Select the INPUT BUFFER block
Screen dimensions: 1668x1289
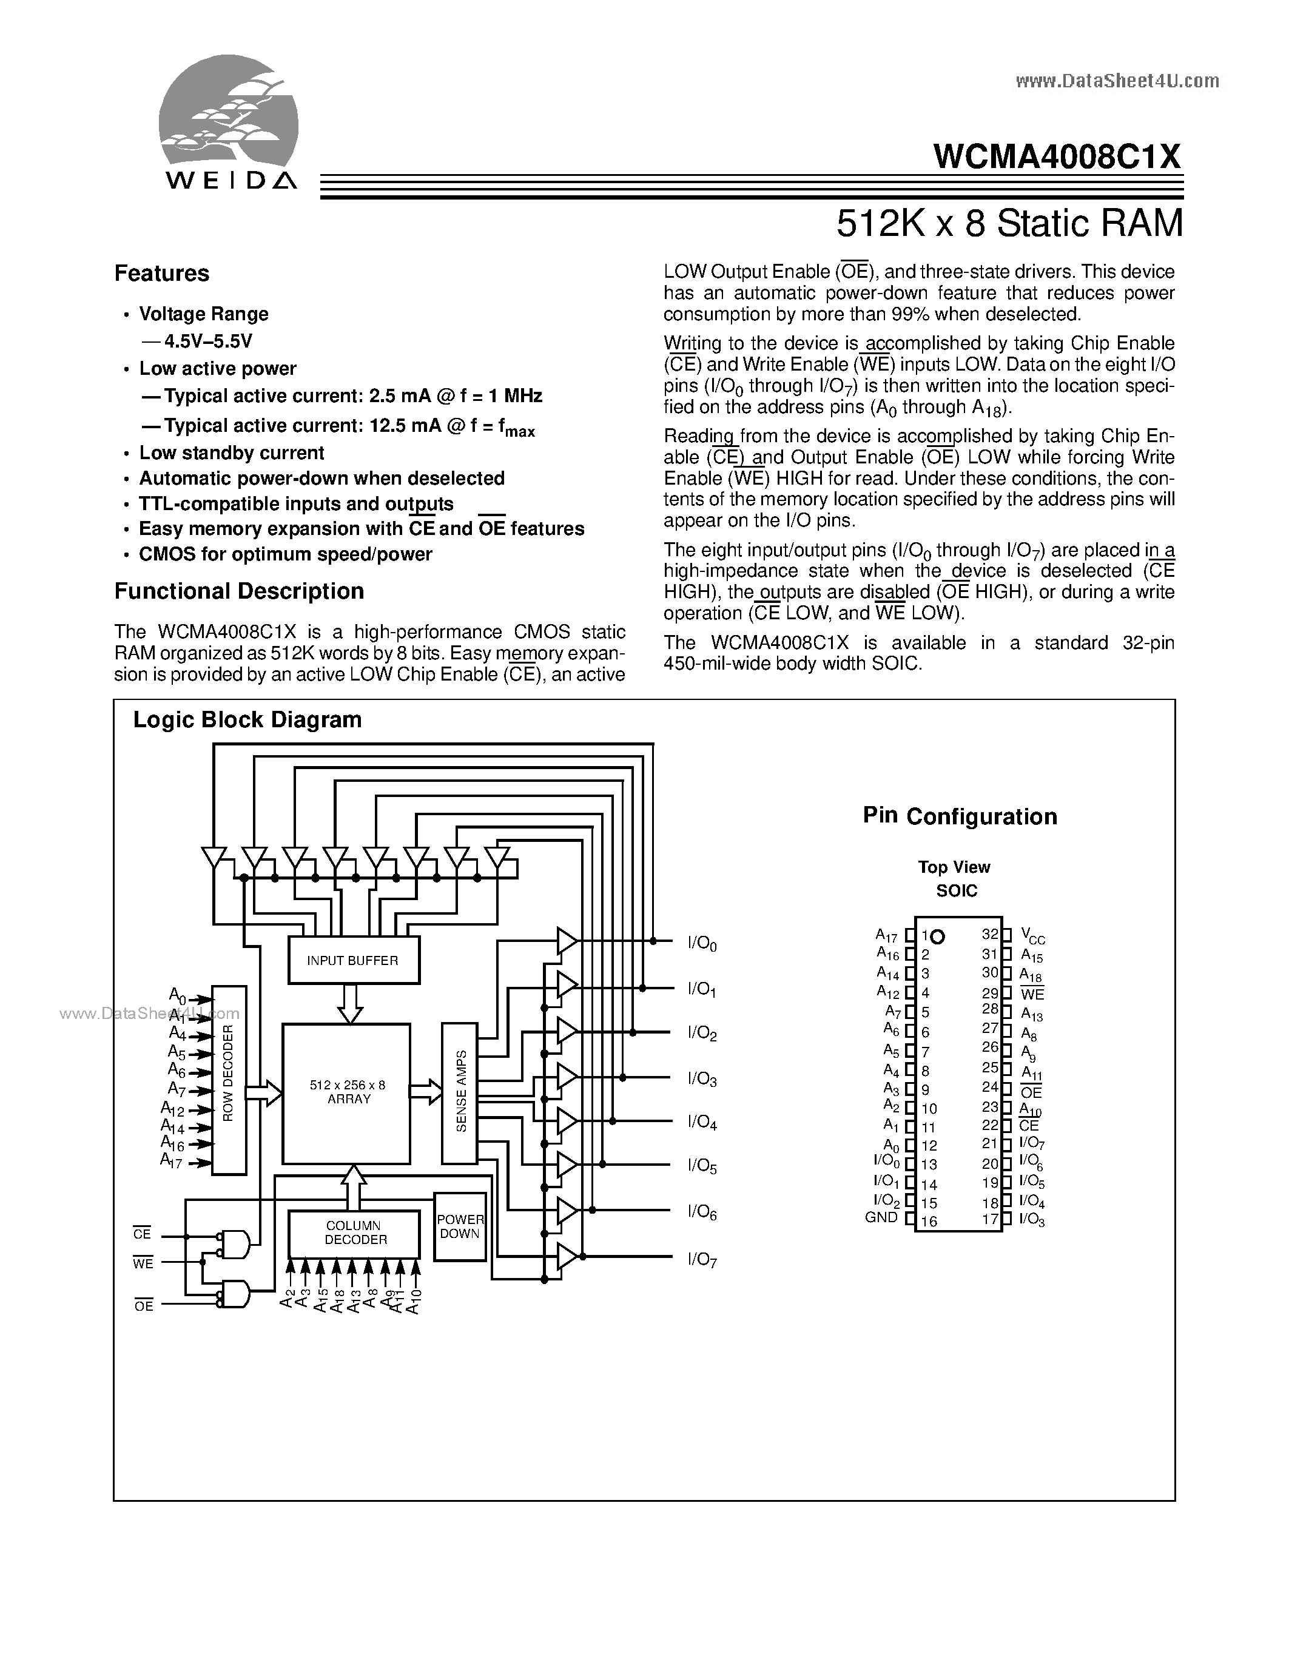(x=353, y=961)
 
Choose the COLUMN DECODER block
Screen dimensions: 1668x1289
(x=354, y=1233)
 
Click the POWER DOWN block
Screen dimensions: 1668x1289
(x=460, y=1226)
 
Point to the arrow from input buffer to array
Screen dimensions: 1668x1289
(x=351, y=1003)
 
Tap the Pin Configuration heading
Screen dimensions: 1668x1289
(x=960, y=816)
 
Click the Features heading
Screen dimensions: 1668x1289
(x=162, y=274)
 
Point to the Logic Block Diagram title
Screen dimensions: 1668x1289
(x=247, y=720)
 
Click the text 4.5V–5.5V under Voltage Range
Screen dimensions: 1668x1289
(x=207, y=341)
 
